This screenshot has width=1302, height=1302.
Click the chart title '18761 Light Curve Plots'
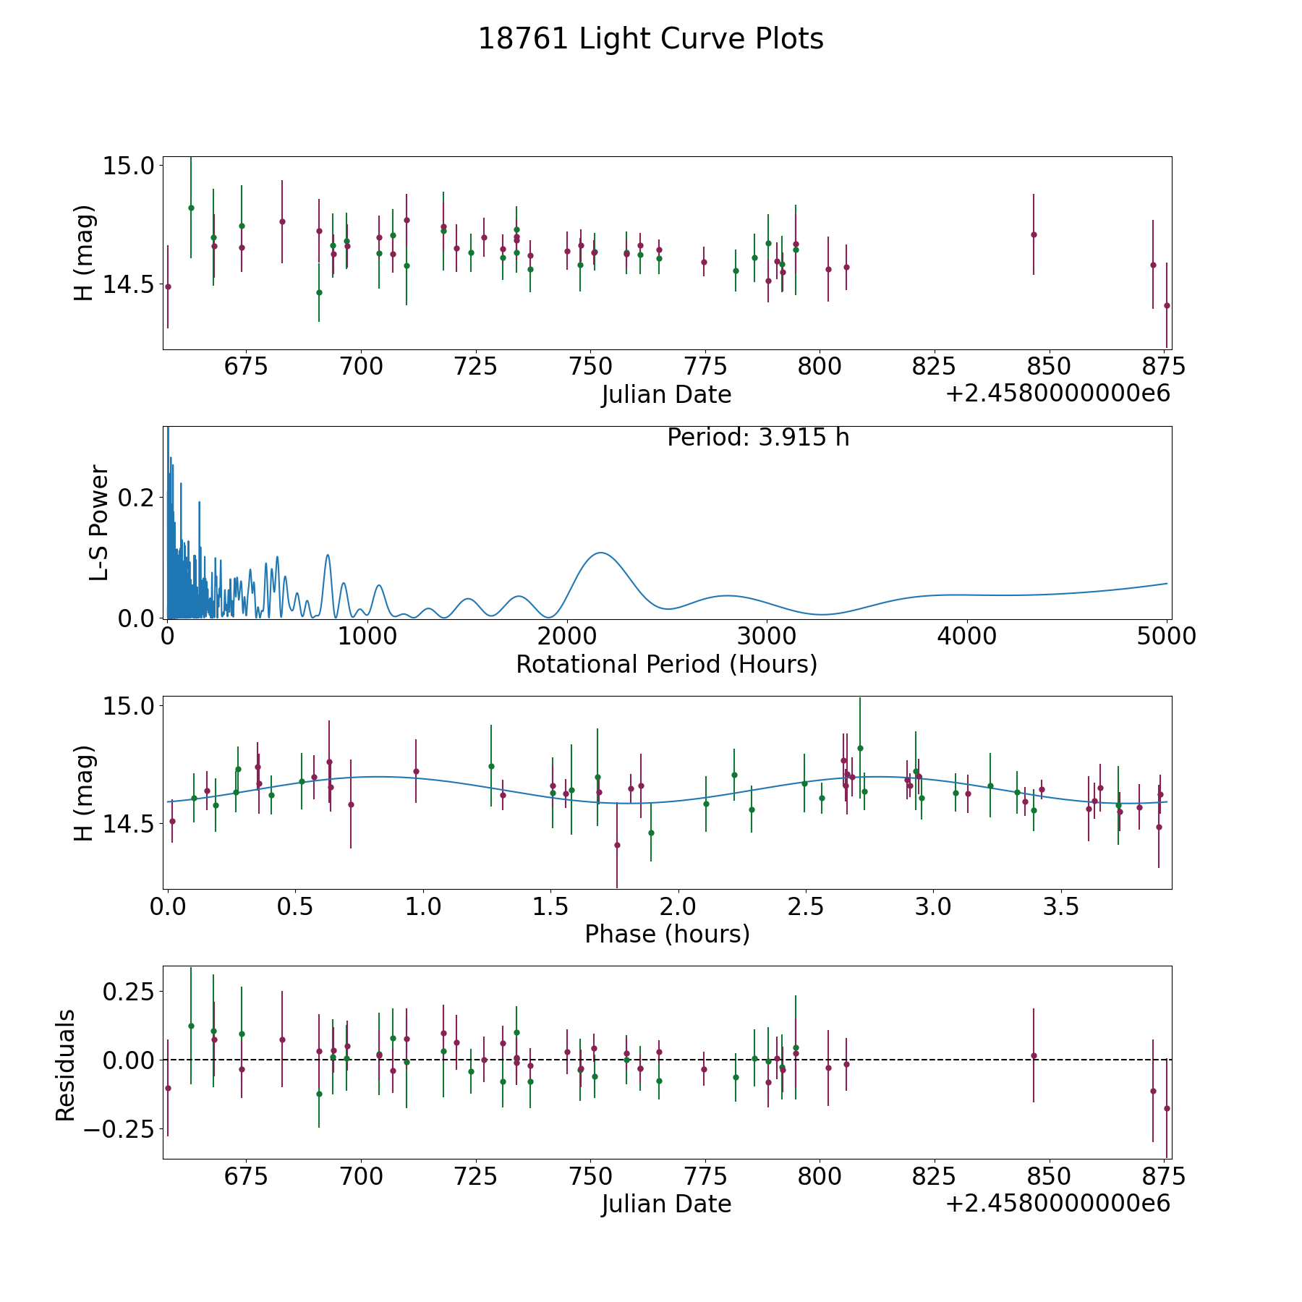[651, 39]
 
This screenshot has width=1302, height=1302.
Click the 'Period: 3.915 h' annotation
[758, 438]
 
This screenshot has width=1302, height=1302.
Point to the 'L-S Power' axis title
[100, 523]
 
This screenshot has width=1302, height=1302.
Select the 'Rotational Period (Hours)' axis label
[667, 664]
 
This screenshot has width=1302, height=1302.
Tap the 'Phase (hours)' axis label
[667, 934]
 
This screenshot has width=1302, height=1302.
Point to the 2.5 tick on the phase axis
[805, 906]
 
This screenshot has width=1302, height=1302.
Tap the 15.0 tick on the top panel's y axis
[127, 166]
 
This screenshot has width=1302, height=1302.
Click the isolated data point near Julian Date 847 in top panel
[1034, 234]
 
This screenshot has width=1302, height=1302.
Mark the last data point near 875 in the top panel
[1167, 305]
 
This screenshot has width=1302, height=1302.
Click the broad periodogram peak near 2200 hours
[600, 553]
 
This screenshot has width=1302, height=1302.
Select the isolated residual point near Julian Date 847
[1034, 1055]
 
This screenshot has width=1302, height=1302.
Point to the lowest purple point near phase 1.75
[617, 845]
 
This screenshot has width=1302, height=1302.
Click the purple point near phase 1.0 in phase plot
[416, 771]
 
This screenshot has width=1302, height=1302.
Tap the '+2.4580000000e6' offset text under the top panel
[1058, 393]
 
